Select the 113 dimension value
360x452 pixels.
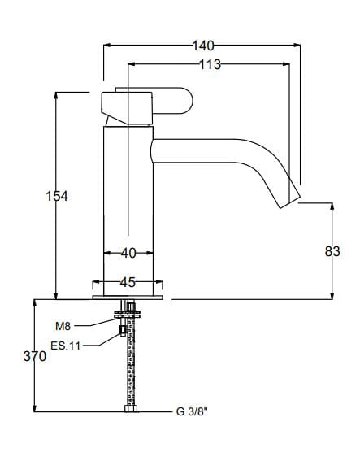(210, 65)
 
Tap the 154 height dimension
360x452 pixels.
(56, 196)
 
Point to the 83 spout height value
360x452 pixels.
(332, 252)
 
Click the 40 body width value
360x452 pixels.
(128, 254)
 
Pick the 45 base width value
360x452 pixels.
(128, 283)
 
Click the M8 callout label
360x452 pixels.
(63, 326)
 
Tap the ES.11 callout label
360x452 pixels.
(65, 346)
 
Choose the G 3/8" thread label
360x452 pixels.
(192, 411)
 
